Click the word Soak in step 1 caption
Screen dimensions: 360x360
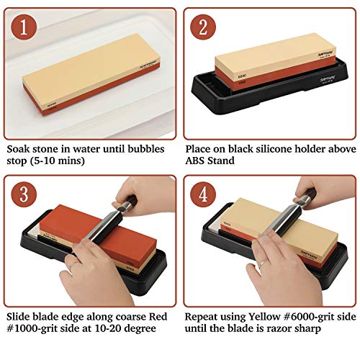[x=20, y=149]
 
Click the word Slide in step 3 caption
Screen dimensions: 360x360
[x=21, y=315]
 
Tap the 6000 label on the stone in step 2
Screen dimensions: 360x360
[x=243, y=73]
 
